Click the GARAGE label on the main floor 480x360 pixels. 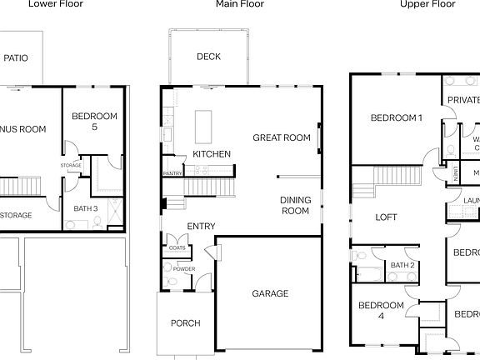click(270, 293)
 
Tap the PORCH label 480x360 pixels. click(185, 323)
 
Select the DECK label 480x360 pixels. click(208, 57)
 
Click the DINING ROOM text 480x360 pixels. click(295, 206)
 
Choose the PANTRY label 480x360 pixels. click(173, 173)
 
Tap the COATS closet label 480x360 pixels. click(177, 247)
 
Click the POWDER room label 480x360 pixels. click(184, 269)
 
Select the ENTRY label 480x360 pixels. click(201, 226)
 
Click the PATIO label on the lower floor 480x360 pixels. click(16, 57)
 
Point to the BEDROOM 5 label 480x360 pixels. click(94, 122)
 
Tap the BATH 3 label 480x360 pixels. click(85, 208)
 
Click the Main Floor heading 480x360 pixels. click(240, 4)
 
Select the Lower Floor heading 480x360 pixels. click(55, 4)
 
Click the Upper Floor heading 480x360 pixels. click(427, 4)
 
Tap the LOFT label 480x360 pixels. click(387, 217)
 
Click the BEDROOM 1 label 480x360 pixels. click(397, 117)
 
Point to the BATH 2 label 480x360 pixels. click(402, 265)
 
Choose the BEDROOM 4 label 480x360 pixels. click(381, 311)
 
